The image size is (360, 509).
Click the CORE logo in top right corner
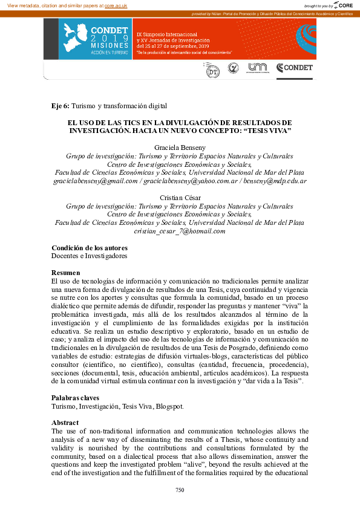343,5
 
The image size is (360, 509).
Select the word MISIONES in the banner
109,45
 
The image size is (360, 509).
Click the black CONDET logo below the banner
295,68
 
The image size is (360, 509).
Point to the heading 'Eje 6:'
61,106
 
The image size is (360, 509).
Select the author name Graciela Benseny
180,147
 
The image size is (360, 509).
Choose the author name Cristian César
180,198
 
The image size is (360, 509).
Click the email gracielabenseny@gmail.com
96,180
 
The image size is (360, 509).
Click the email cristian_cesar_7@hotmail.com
180,231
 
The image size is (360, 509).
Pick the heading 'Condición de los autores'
90,247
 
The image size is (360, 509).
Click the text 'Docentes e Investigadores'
90,256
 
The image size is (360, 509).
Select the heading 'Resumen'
66,273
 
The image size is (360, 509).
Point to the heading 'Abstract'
65,423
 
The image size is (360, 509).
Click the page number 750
180,490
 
